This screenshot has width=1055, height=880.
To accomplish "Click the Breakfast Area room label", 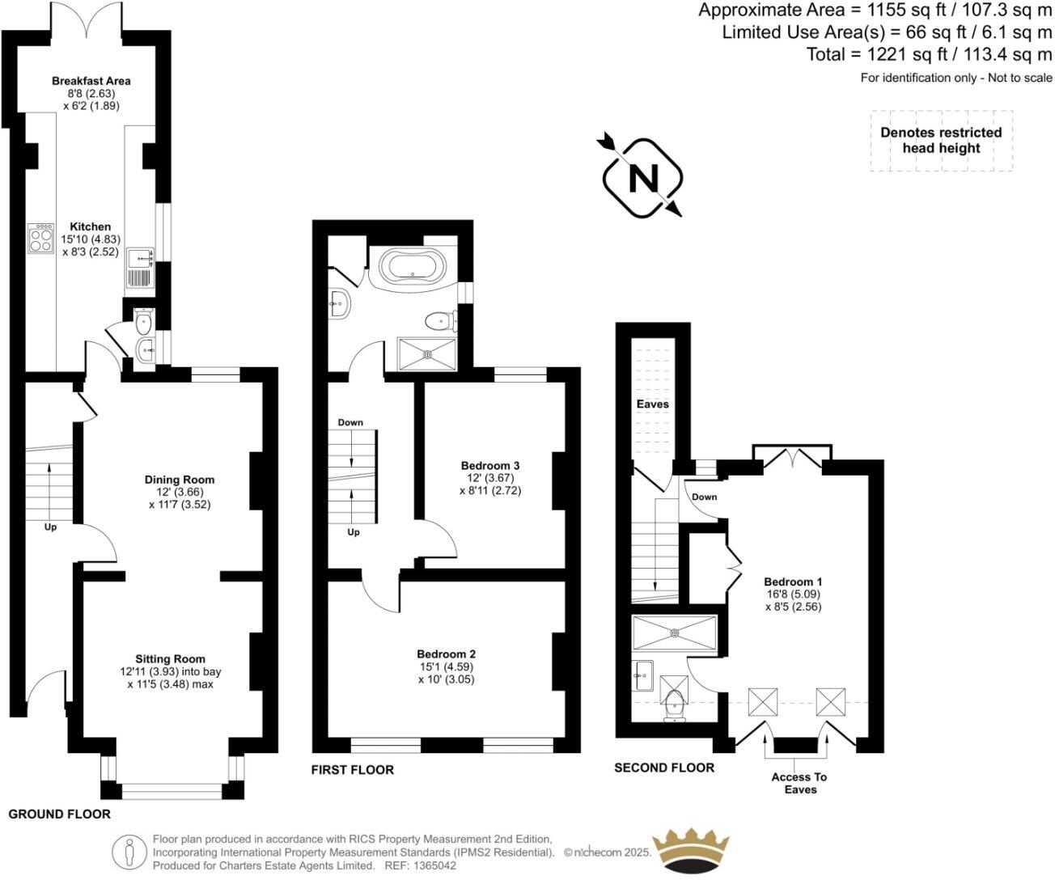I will [91, 81].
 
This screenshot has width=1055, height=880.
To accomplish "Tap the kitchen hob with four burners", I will [40, 238].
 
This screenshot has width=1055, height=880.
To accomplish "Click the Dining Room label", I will [180, 480].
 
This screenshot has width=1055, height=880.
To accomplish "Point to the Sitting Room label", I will [170, 658].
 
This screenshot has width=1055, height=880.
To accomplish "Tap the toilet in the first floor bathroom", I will [441, 321].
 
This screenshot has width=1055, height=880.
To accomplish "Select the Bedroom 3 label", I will [489, 465].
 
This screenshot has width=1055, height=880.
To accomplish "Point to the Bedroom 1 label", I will [793, 582].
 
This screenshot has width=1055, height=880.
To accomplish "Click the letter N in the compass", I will [643, 178].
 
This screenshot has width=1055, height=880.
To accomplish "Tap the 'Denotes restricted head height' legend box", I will [941, 140].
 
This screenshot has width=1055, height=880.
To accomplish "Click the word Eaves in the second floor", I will [652, 404].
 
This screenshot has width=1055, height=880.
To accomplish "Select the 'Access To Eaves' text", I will [799, 783].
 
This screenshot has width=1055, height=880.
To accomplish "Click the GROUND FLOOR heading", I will [59, 814].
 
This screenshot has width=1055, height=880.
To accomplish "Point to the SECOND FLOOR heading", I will [664, 768].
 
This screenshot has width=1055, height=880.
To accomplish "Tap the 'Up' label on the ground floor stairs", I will [51, 527].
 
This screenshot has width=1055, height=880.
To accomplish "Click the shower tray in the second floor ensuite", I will [674, 633].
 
